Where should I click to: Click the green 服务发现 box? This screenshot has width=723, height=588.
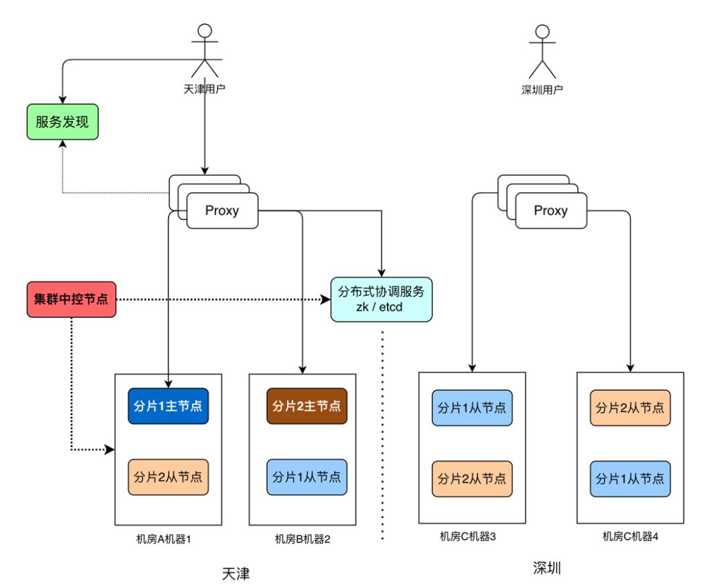[63, 122]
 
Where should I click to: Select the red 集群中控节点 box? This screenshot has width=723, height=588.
[72, 300]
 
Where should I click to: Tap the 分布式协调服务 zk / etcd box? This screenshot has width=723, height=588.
[382, 300]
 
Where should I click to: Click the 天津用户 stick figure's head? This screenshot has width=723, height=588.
[205, 31]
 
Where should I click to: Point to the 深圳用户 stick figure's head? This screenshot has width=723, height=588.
[542, 32]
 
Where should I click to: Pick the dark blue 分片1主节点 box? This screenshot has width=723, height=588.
[168, 406]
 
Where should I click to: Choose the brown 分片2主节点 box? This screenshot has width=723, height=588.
[307, 406]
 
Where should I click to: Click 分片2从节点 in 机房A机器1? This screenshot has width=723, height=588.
[168, 477]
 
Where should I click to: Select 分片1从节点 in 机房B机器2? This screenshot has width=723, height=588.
[307, 477]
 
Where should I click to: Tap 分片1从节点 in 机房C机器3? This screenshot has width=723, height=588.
[472, 408]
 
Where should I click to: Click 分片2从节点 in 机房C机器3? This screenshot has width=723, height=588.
[472, 479]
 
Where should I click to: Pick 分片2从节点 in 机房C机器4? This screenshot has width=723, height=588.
[631, 408]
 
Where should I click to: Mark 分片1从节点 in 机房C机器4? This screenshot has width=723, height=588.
[631, 479]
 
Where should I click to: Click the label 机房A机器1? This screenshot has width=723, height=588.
[164, 539]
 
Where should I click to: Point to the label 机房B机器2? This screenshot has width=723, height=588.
[303, 539]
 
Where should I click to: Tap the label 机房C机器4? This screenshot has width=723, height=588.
[631, 536]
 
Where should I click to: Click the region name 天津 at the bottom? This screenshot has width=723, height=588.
[236, 574]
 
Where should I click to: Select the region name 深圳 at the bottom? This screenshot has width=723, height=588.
[547, 568]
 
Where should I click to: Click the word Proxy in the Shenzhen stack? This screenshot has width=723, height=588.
[551, 211]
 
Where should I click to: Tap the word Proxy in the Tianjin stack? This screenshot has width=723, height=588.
[222, 211]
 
